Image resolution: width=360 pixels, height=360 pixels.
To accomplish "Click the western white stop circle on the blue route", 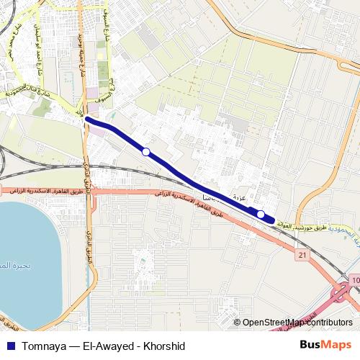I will coord(146,151).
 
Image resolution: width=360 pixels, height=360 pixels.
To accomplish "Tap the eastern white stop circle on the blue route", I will coord(261,214).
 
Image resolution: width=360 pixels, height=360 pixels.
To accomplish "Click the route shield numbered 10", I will coord(355,279).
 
